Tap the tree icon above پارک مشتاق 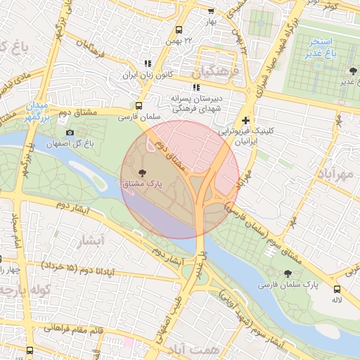pos(143,172)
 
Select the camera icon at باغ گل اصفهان pos(69,133)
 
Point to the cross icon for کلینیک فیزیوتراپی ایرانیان pos(245,120)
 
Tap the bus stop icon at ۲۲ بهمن pos(179,30)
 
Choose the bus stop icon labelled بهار pos(211,11)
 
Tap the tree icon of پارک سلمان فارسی pos(287,274)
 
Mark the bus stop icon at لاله pos(337,288)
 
